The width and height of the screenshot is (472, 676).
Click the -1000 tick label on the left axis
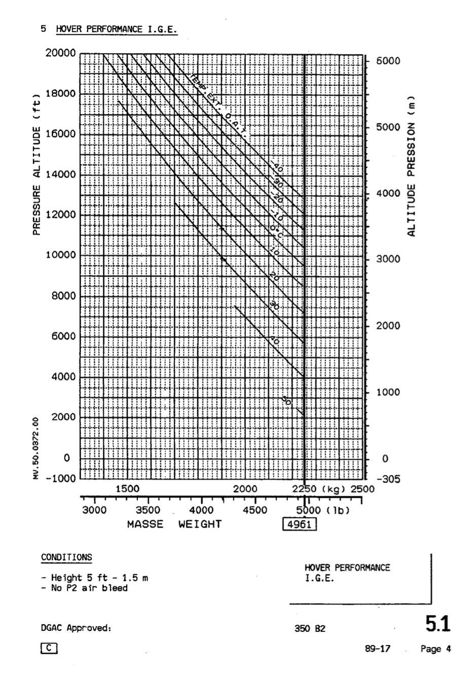(x=60, y=478)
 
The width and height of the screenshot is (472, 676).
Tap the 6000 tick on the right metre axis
(x=388, y=61)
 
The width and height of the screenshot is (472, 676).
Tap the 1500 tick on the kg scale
(x=128, y=489)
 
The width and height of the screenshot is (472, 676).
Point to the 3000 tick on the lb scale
(x=94, y=510)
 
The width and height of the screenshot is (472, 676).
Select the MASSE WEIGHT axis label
(x=174, y=524)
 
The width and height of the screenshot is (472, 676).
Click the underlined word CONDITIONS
(x=66, y=557)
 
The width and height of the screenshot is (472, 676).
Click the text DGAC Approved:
(x=76, y=628)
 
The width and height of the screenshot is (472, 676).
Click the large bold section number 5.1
(x=438, y=624)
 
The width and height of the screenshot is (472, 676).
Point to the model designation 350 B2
(x=310, y=629)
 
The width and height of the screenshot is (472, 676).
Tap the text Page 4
(x=435, y=649)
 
